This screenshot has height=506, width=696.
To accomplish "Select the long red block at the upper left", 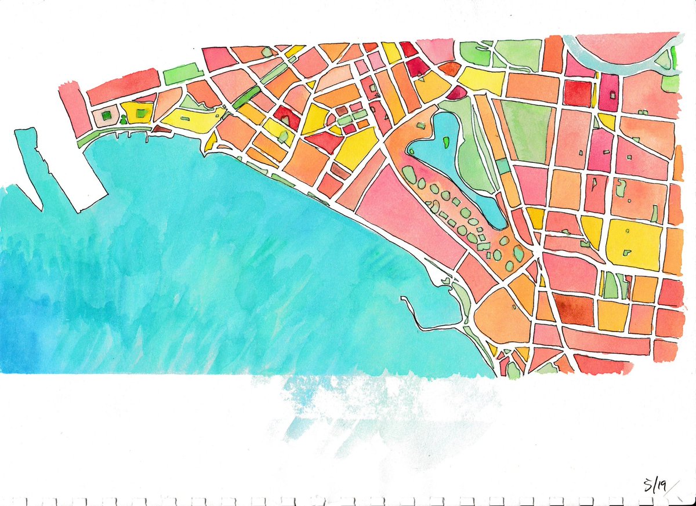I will pos(123,87).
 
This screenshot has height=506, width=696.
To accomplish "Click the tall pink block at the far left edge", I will pos(74,110).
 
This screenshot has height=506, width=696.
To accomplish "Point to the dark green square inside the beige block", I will pos(106,116).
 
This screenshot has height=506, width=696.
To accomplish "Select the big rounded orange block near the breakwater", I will pos(502,316).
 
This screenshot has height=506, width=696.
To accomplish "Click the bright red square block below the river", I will pos(577,93).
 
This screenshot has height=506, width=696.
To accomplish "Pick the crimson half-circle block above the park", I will pos(456,92).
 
